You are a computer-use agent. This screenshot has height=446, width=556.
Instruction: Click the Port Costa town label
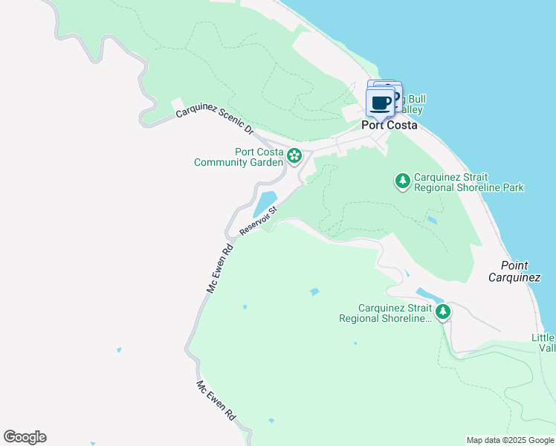tap(389, 125)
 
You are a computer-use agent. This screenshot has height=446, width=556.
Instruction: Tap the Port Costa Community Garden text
tap(238, 157)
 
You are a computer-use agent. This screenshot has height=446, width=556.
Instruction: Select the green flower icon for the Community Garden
tap(294, 156)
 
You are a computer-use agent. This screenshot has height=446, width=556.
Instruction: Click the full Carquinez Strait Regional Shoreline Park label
tap(468, 182)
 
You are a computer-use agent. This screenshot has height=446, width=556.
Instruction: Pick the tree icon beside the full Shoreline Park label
tap(402, 181)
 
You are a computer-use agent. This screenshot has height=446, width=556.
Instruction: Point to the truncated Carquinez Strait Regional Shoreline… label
tap(385, 313)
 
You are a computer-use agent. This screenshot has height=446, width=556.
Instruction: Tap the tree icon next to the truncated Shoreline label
tap(443, 311)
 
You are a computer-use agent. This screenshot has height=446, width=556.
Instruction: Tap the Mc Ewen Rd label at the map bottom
tap(216, 401)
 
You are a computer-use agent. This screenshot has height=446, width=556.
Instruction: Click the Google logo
tap(25, 437)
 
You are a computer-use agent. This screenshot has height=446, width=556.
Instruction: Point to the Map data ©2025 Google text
tap(509, 440)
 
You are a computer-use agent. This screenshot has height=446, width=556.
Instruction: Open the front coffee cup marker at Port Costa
tap(381, 103)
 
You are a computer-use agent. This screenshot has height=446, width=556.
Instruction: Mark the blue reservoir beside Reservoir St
tap(265, 201)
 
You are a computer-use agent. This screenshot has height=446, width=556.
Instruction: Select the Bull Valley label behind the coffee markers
tap(413, 104)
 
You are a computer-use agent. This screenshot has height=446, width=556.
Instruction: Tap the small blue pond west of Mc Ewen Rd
tap(118, 349)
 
